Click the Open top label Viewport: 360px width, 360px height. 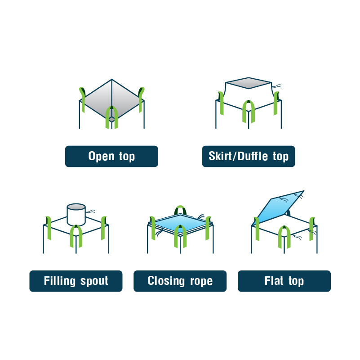tap(111, 156)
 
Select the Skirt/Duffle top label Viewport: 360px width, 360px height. tap(249, 156)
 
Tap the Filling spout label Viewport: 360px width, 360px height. tap(76, 281)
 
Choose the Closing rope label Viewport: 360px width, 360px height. tap(180, 281)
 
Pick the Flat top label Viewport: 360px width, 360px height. tap(284, 281)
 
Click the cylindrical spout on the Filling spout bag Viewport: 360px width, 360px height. tap(76, 215)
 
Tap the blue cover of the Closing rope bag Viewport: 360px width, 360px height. tap(181, 223)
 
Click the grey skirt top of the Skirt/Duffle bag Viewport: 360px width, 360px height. tap(249, 83)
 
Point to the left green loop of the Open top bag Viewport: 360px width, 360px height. tap(83, 100)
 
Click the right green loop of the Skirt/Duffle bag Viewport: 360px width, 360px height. tap(276, 103)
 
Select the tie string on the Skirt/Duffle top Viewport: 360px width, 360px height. tap(277, 86)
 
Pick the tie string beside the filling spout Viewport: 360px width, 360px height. tap(90, 211)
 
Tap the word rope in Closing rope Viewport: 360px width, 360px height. tap(201, 282)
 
